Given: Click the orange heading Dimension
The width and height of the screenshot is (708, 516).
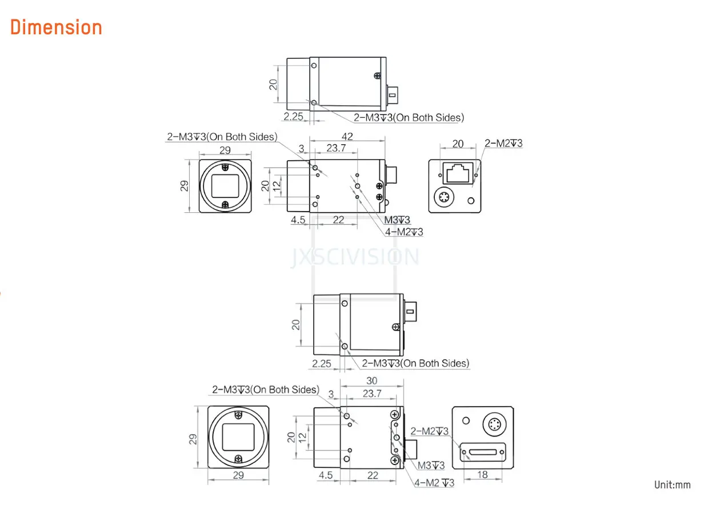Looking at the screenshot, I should pyautogui.click(x=56, y=27).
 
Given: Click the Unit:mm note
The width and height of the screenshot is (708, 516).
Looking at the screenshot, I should pyautogui.click(x=672, y=485).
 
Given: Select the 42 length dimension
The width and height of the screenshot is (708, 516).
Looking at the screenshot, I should pyautogui.click(x=347, y=137).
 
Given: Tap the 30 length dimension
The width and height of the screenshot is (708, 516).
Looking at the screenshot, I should pyautogui.click(x=372, y=380).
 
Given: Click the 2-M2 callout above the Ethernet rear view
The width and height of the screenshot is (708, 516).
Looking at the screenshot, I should pyautogui.click(x=503, y=143).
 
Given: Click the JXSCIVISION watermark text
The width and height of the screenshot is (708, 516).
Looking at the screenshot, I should pyautogui.click(x=355, y=257).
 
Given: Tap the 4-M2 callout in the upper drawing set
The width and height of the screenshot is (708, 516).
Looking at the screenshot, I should pyautogui.click(x=403, y=232).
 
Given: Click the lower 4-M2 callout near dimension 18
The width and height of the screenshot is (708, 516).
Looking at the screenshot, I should pyautogui.click(x=434, y=482).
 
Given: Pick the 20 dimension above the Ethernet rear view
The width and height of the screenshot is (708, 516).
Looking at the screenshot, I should pyautogui.click(x=458, y=144).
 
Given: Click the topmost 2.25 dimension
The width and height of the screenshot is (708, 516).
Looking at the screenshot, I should pyautogui.click(x=293, y=117).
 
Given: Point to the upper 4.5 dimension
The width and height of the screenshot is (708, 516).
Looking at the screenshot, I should pyautogui.click(x=298, y=220).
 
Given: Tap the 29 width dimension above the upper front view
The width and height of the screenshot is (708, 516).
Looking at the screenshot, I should pyautogui.click(x=225, y=150).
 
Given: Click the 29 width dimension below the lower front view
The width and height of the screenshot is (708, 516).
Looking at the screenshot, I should pyautogui.click(x=238, y=475).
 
